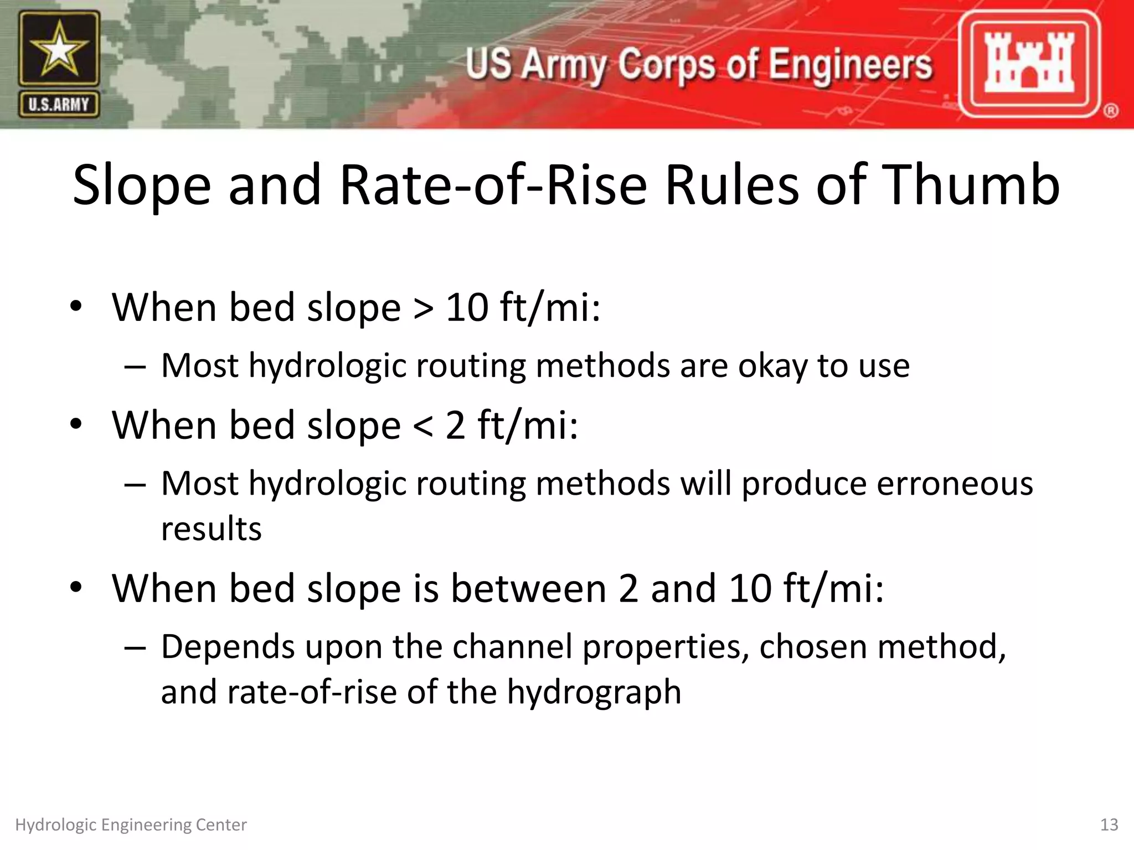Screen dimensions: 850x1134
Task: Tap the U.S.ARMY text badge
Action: [59, 105]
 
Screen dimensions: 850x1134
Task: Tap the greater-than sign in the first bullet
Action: [423, 308]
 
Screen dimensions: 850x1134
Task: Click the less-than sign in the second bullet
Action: [423, 426]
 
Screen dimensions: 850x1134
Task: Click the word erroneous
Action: [954, 484]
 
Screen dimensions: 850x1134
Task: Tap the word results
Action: [211, 529]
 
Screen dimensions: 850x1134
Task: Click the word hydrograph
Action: [594, 693]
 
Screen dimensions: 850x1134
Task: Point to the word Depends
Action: [228, 647]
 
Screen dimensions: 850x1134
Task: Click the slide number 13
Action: [1109, 825]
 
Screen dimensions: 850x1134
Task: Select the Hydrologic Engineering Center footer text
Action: [131, 825]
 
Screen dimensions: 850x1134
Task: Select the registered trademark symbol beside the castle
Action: [1111, 111]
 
